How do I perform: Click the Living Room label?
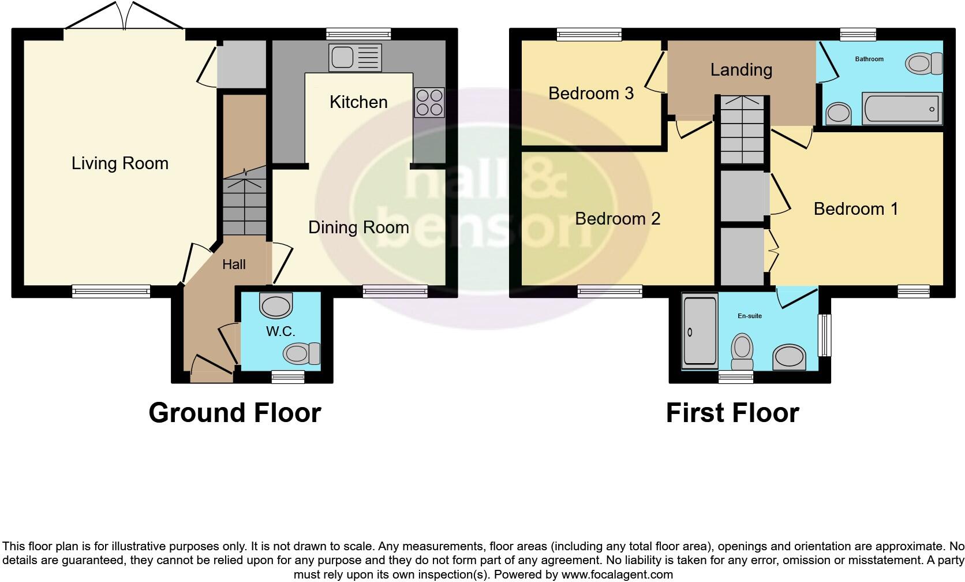pos(120,163)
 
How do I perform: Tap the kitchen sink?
pos(355,57)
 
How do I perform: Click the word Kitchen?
pos(358,102)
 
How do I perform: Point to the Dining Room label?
pos(358,227)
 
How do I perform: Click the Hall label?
pos(234,264)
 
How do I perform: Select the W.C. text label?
pos(280,331)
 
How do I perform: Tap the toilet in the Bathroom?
pos(923,63)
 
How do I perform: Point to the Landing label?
pos(741,70)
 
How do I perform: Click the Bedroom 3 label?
pos(590,93)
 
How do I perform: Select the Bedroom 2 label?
pos(618,219)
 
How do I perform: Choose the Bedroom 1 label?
pos(855,208)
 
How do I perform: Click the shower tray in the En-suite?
pos(700,331)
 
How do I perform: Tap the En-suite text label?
pos(750,316)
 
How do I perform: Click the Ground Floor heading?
pos(234,413)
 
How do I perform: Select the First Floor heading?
pos(732,413)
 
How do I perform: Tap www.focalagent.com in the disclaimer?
pos(616,574)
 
